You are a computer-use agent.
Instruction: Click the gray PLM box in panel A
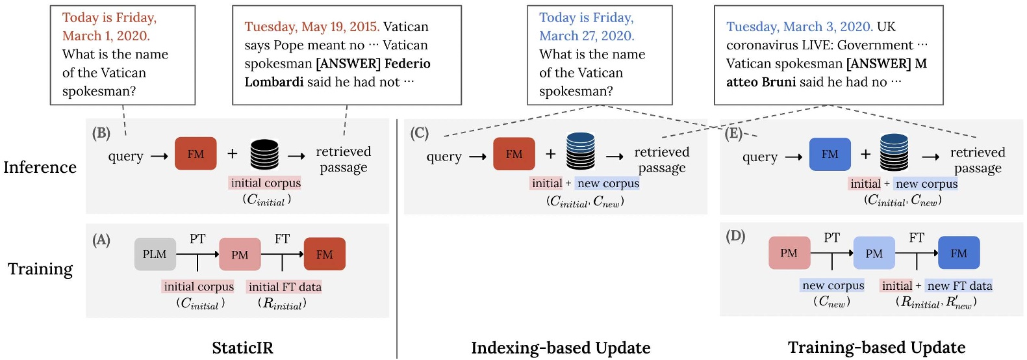[155, 254]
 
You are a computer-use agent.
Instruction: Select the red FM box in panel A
[324, 254]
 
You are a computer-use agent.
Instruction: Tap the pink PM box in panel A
[240, 254]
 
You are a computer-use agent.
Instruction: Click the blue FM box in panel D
[959, 253]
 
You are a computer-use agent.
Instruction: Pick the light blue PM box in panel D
[874, 253]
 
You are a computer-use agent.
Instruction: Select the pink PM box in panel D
[789, 253]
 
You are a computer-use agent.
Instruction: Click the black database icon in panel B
[264, 154]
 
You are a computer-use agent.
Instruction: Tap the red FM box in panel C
[514, 154]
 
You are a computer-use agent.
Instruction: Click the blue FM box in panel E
[830, 154]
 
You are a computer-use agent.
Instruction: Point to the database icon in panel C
[580, 151]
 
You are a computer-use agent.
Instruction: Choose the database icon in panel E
[894, 151]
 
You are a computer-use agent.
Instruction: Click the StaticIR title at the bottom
[242, 348]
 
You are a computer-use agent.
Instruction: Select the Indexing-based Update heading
[561, 348]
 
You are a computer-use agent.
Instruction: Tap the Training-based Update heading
[876, 348]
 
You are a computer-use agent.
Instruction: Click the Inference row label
[40, 167]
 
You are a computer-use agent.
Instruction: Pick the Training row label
[40, 268]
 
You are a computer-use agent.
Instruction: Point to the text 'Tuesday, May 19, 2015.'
[312, 27]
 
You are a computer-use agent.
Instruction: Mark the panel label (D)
[735, 235]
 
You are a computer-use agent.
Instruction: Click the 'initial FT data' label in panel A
[285, 287]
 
